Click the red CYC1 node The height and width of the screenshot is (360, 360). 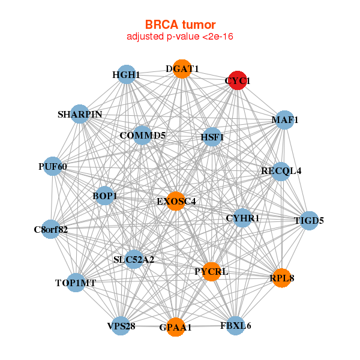tap(238, 80)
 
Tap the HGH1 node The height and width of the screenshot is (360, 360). tap(125, 75)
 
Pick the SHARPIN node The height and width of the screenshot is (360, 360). tap(80, 114)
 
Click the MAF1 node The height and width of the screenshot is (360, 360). tap(284, 120)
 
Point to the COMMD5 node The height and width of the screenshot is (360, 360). tap(142, 136)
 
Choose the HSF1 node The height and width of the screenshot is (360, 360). tap(212, 137)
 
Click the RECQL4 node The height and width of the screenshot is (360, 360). tap(281, 171)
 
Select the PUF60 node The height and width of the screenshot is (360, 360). tap(53, 166)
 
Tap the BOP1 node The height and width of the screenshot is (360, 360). tap(105, 196)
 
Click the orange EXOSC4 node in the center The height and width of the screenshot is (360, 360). tap(176, 201)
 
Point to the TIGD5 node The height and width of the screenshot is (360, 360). tap(308, 221)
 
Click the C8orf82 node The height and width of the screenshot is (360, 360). tap(50, 229)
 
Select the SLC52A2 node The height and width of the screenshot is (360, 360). tap(134, 260)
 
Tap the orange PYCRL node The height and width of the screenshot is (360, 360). tap(211, 272)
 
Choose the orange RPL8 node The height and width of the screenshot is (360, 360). tap(281, 278)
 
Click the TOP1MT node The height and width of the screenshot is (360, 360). tap(76, 282)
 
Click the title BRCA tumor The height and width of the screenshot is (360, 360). tap(179, 25)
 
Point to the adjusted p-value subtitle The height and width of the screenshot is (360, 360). tap(179, 37)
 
